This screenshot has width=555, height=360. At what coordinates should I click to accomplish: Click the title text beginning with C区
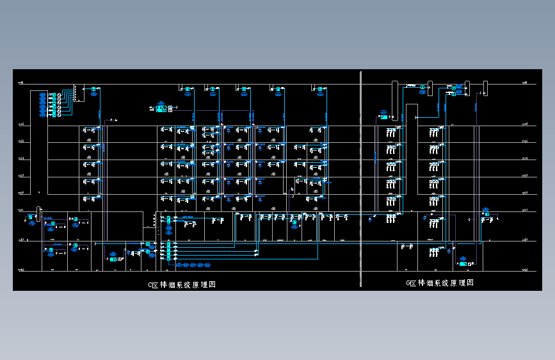(182, 284)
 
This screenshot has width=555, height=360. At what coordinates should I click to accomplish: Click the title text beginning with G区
(440, 282)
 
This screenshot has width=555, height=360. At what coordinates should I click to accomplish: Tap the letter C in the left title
(150, 284)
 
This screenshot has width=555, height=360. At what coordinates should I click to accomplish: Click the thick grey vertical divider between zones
(361, 179)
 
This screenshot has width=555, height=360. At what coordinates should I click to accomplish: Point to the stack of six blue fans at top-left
(43, 105)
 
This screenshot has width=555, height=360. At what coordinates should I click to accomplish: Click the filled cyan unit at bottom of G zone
(463, 263)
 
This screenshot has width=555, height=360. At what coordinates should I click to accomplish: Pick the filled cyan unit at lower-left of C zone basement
(113, 259)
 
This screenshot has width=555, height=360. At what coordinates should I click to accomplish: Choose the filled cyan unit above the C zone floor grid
(161, 109)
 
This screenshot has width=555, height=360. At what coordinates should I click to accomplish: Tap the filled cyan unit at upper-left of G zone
(383, 117)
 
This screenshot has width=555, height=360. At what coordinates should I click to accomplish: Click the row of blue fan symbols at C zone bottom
(193, 265)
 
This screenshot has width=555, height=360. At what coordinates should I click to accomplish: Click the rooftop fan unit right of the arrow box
(94, 90)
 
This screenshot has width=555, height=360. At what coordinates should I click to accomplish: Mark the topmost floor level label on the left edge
(21, 83)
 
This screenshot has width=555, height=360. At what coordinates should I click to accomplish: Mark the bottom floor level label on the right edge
(525, 270)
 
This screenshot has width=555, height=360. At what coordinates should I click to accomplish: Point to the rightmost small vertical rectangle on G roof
(485, 88)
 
